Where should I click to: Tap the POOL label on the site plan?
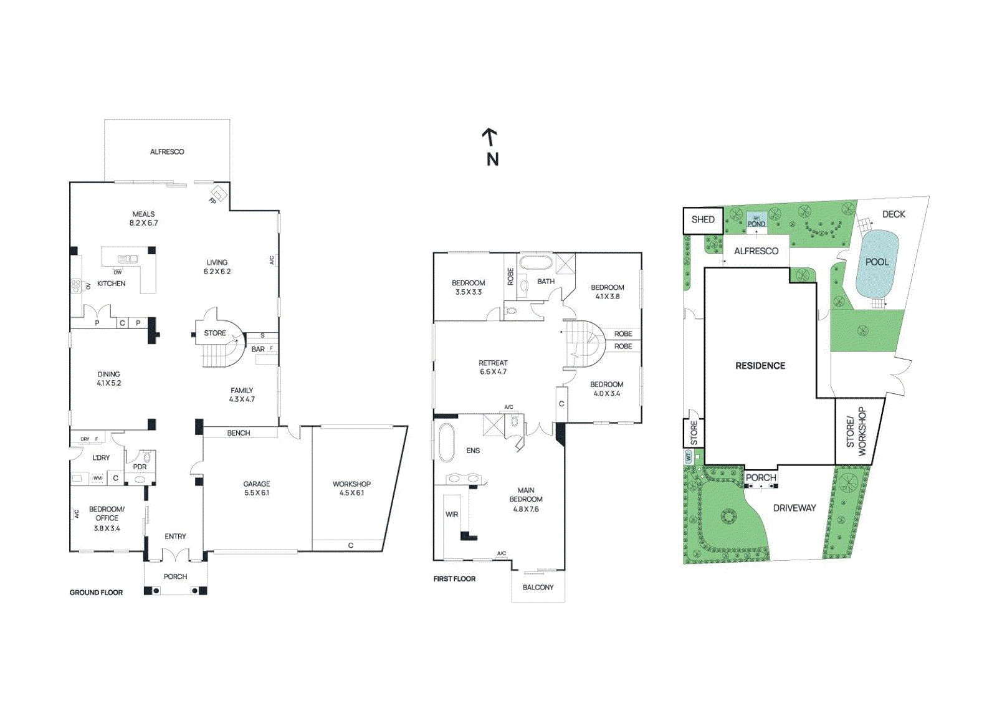click(877, 262)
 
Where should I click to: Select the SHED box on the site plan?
click(703, 220)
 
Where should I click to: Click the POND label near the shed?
click(756, 224)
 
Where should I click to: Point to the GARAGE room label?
click(257, 484)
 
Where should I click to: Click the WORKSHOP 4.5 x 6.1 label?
click(351, 488)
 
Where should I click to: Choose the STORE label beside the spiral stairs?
click(215, 333)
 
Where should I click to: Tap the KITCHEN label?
click(112, 284)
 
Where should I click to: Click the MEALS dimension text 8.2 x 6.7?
click(144, 223)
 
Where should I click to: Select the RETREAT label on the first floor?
click(493, 363)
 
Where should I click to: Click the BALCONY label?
click(538, 588)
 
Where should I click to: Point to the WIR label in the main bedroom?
click(452, 515)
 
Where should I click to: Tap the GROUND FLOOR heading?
click(96, 593)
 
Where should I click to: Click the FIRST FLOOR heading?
click(454, 579)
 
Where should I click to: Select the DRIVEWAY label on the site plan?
click(794, 508)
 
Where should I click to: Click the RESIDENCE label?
click(760, 366)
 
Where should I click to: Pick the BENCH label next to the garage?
click(239, 433)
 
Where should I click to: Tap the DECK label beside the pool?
click(894, 214)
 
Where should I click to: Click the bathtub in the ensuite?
click(446, 442)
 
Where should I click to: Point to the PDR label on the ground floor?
click(140, 467)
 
